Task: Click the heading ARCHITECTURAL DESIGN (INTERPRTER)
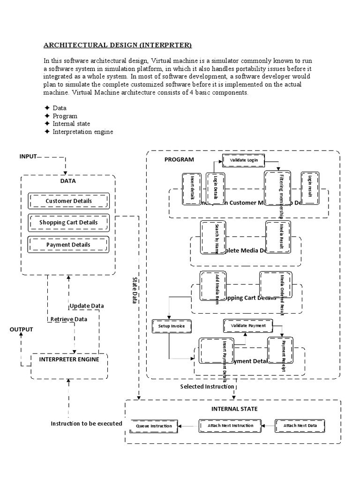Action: (118, 45)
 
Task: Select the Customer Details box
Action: (68, 201)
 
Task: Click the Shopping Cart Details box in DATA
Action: (68, 222)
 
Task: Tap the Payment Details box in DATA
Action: (68, 244)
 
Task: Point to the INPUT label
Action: (28, 156)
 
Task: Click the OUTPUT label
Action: (22, 330)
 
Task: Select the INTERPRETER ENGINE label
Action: (69, 360)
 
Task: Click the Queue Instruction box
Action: (154, 427)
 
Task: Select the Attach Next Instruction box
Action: (229, 426)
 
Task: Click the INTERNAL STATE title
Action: (234, 409)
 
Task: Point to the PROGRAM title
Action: (179, 159)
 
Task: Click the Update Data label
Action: (87, 306)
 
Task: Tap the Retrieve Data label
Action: (68, 319)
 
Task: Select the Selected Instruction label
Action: (207, 386)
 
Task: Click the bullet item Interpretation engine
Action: (82, 132)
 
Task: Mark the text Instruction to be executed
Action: (86, 424)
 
